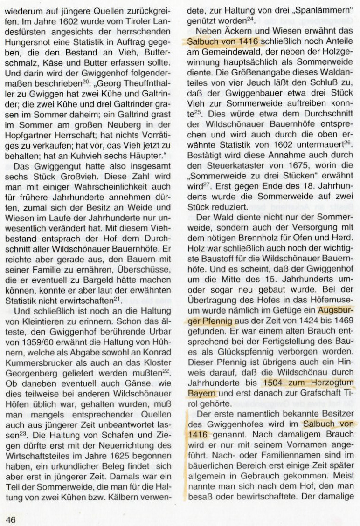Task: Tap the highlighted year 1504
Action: tap(277, 383)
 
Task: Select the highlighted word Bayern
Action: tap(200, 393)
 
